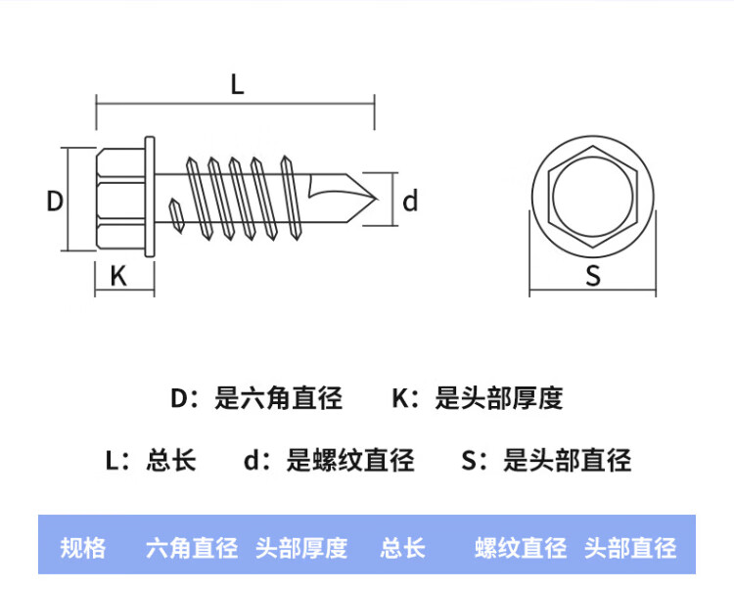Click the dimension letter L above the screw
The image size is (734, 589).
click(x=236, y=85)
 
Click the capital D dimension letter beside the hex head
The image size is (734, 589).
click(x=55, y=202)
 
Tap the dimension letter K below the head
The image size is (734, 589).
click(x=119, y=277)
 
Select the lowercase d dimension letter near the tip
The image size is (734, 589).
click(x=410, y=202)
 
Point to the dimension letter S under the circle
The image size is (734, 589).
click(x=593, y=277)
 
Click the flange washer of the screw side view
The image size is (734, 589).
click(x=150, y=199)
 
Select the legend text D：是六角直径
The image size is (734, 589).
click(x=256, y=398)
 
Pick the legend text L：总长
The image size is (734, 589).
click(x=151, y=460)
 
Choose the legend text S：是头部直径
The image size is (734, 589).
click(x=547, y=460)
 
